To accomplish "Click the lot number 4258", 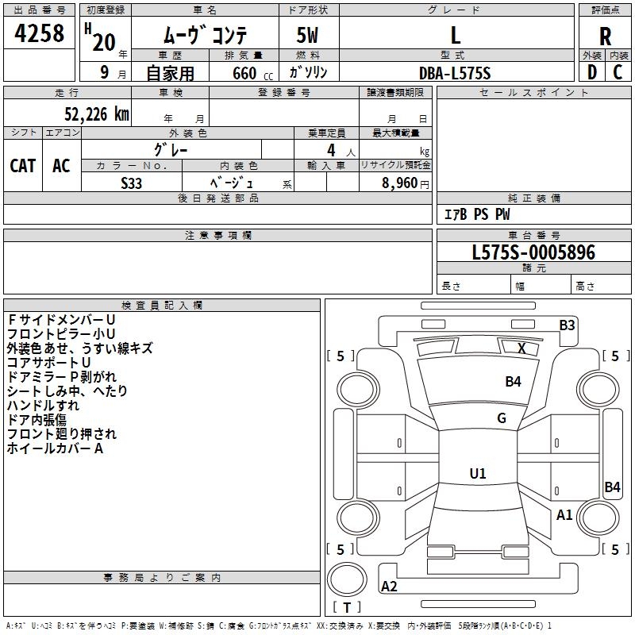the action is tap(39, 33).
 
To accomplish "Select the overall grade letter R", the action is tap(605, 37).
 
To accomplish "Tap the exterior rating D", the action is tap(592, 72).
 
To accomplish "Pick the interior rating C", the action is tap(618, 72).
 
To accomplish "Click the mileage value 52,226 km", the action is tap(97, 114).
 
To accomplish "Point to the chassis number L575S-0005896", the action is tap(533, 252).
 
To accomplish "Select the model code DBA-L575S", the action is tap(455, 73).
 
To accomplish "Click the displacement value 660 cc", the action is tap(252, 74).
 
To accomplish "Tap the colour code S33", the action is tap(131, 183).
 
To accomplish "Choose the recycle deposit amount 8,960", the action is tap(400, 183).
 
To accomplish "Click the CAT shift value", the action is tap(23, 166).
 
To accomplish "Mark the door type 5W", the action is tap(307, 35).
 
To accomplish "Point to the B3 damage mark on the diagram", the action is tap(567, 325).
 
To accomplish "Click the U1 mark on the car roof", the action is tap(478, 473).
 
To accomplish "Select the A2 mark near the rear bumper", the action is tap(389, 586).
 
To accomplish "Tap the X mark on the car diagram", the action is tap(521, 348).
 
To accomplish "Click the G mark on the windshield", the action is tap(502, 418).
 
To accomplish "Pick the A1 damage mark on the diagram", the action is tap(564, 514).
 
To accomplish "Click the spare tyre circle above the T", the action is tap(347, 579).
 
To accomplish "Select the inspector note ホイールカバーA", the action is tap(55, 448).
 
